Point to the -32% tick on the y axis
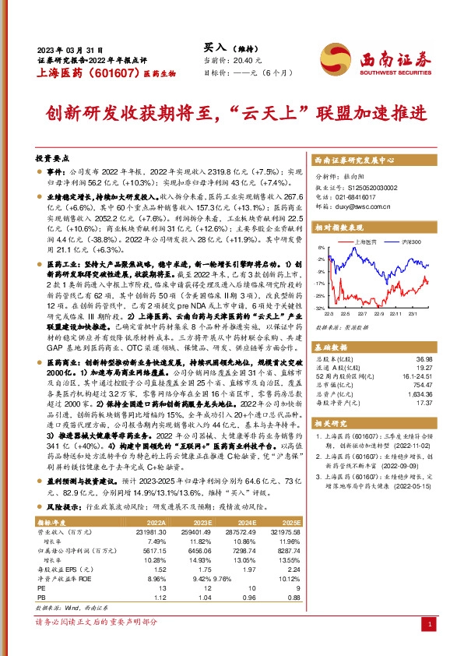(x=320, y=309)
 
